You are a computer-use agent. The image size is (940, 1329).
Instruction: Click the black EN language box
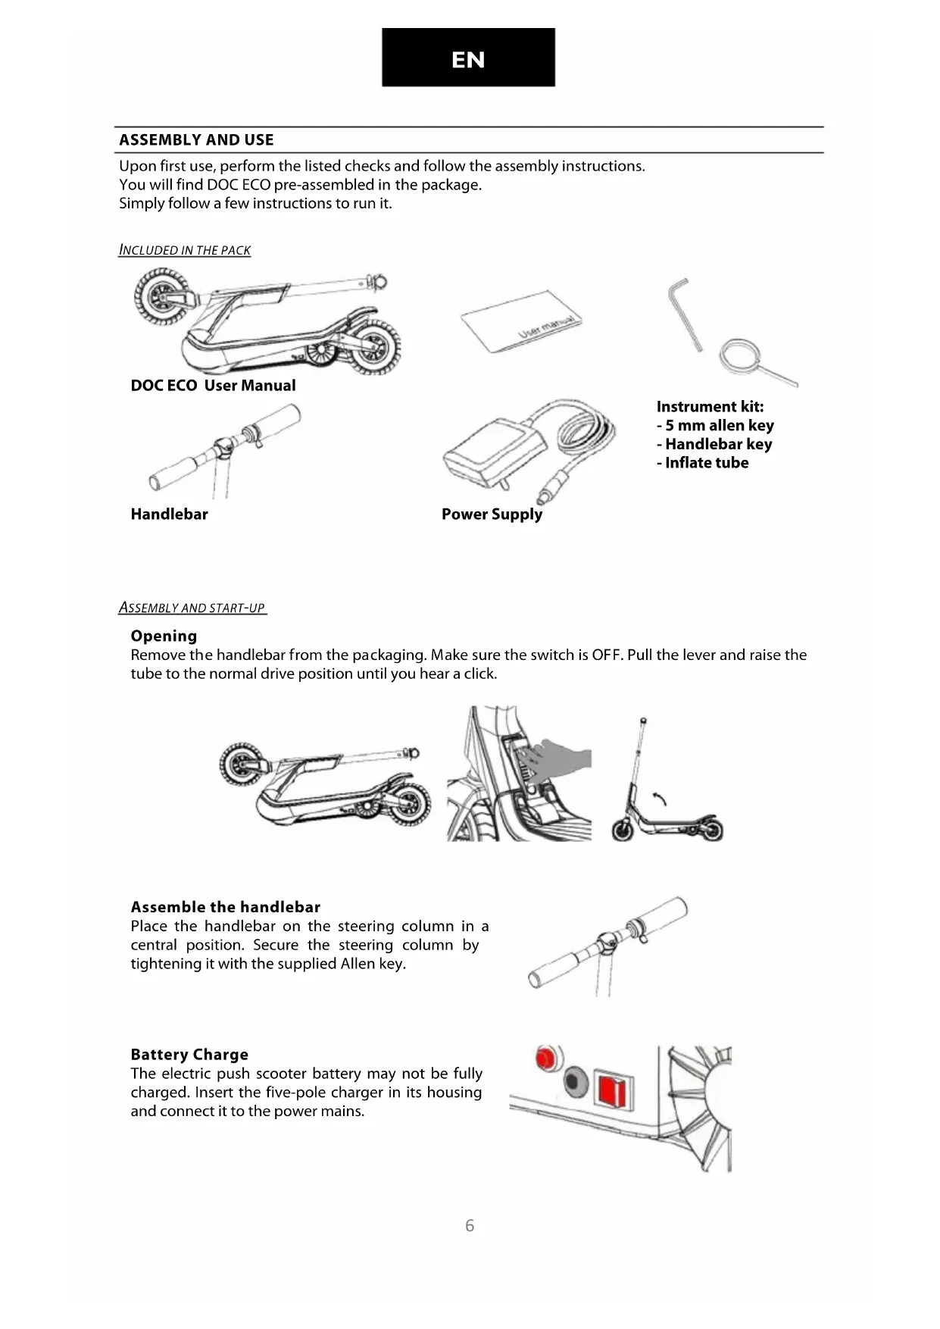468,58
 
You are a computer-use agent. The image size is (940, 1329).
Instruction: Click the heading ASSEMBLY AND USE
196,140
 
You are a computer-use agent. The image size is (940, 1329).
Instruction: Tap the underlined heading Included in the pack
185,250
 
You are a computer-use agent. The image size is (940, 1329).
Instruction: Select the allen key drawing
683,311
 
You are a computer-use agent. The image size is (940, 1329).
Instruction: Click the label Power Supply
492,514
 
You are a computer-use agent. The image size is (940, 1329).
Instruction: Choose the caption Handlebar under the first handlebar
169,514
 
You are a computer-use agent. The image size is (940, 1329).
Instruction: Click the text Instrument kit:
710,407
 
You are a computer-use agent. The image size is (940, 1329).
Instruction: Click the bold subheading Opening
164,636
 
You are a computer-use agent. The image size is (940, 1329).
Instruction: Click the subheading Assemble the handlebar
225,907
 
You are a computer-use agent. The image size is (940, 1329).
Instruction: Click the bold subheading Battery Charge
189,1055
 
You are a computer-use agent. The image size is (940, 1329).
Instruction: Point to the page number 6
470,1225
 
